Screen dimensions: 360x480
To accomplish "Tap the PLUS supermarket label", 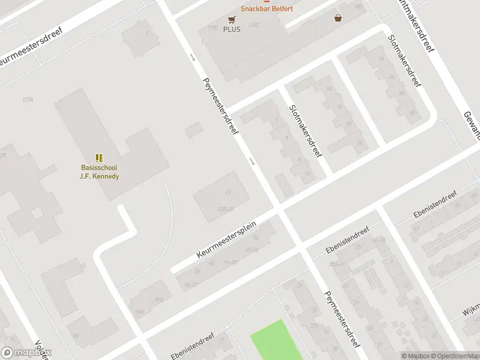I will (232, 29).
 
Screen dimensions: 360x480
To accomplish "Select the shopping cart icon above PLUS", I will (231, 19).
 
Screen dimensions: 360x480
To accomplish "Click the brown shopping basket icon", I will (339, 18).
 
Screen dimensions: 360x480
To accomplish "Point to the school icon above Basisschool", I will (99, 158).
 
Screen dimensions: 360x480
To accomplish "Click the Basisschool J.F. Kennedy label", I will (100, 172).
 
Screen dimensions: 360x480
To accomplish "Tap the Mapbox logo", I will (26, 353).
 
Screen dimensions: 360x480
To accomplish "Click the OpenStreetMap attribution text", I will (454, 356).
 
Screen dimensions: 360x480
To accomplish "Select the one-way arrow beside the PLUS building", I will (193, 58).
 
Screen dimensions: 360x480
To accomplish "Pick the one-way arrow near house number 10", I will (252, 161).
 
